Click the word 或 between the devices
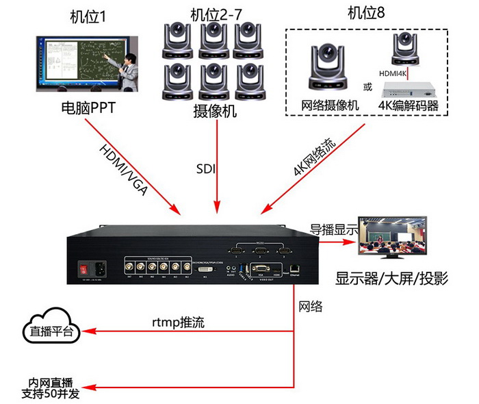tap(367, 87)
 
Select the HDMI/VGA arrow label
tap(123, 168)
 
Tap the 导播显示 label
tap(334, 229)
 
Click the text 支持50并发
tap(51, 394)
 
